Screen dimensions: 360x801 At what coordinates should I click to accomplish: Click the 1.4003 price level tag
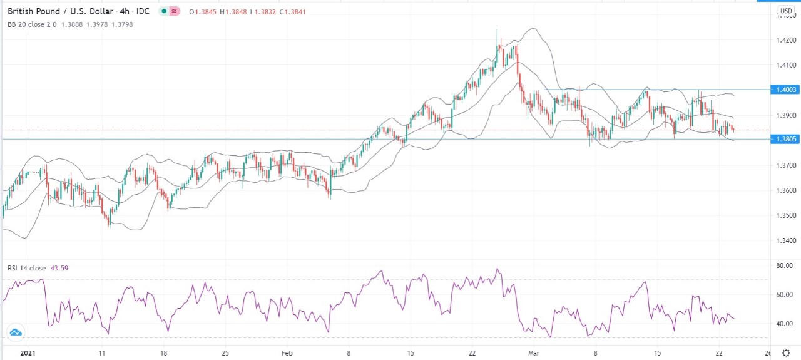[x=785, y=90]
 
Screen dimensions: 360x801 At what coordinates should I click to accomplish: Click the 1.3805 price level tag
[x=785, y=139]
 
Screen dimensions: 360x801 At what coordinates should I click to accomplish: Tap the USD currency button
[x=785, y=11]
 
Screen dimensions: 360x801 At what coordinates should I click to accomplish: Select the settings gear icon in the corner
[x=786, y=353]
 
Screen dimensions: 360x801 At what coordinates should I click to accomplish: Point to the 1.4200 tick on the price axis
[x=787, y=40]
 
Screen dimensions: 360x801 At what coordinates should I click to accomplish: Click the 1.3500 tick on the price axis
[x=787, y=215]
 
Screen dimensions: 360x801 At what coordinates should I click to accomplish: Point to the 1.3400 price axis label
[x=787, y=240]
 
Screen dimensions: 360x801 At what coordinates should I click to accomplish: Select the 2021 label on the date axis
[x=28, y=353]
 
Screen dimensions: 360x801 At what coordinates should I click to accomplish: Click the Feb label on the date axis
[x=287, y=353]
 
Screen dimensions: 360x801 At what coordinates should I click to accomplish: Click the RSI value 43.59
[x=60, y=269]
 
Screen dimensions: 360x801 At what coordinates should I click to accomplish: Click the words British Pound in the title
[x=34, y=12]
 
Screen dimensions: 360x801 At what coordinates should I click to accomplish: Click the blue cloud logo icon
[x=16, y=332]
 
